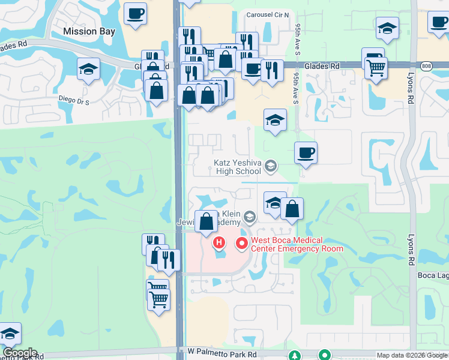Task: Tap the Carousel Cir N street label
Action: point(268,14)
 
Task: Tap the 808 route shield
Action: point(426,66)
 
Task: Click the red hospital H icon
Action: point(220,243)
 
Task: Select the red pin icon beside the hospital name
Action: point(242,243)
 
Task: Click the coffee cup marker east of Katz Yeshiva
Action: point(306,152)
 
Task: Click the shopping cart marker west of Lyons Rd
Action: point(376,68)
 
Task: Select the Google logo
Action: point(19,353)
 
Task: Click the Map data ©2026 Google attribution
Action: point(412,355)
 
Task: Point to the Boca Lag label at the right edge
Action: point(433,275)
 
